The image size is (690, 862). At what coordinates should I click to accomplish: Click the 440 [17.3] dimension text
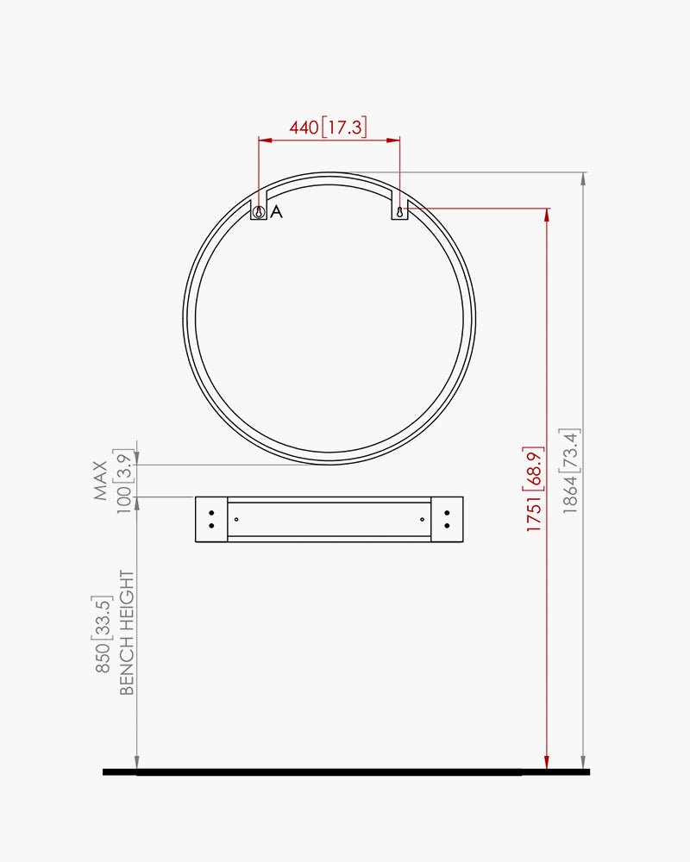[328, 128]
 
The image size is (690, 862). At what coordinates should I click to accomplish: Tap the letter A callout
[276, 212]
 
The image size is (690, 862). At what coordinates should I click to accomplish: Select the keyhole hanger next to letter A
[258, 212]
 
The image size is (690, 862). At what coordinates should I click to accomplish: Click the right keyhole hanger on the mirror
[399, 212]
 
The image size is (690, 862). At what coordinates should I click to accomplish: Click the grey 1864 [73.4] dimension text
[570, 471]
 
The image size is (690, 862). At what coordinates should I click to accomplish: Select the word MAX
[101, 480]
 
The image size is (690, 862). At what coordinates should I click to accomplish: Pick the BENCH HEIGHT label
[127, 632]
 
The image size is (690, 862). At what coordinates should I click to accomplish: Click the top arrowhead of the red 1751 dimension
[546, 214]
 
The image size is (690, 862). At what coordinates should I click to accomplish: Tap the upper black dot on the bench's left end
[211, 513]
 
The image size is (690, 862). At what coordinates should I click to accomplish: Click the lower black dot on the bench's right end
[446, 525]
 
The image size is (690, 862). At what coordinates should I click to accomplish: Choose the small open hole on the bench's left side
[236, 519]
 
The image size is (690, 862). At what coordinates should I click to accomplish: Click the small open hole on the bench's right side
[422, 519]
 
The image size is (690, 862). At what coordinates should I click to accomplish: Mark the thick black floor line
[345, 771]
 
